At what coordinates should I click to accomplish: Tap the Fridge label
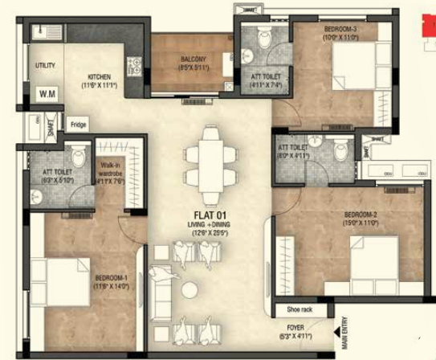pos(78,125)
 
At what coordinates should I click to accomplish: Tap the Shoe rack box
pos(291,309)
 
